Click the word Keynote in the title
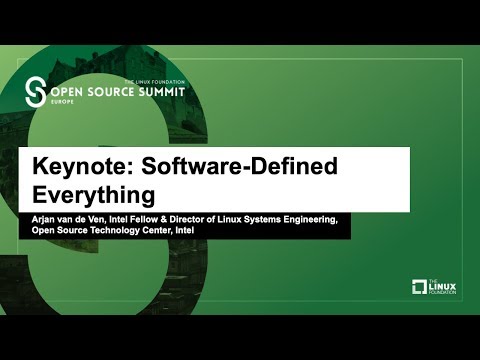click(73, 166)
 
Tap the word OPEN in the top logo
click(68, 92)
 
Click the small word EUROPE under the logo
click(64, 102)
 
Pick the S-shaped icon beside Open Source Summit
click(37, 91)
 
